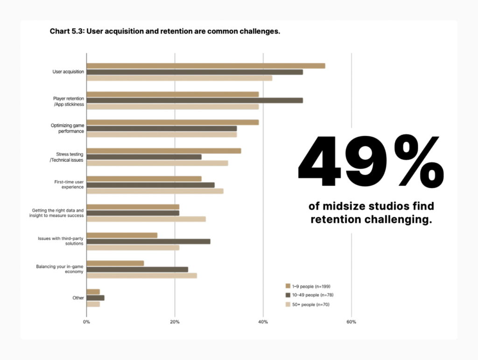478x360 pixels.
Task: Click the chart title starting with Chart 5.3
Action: pos(164,32)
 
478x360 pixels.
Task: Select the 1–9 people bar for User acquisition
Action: pos(205,66)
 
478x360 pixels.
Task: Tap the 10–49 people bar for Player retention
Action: pos(194,100)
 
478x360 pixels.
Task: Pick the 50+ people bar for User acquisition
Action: pos(179,78)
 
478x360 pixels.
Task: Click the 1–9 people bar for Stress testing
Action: pos(163,151)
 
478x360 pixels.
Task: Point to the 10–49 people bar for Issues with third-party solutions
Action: pos(148,241)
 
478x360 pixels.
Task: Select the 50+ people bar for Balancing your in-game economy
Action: pos(141,275)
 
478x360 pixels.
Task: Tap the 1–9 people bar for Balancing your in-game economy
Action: pos(115,263)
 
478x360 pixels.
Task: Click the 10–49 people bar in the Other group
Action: pos(95,298)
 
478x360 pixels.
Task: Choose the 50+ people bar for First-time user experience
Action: pos(155,191)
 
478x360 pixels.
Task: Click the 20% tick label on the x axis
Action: pos(175,322)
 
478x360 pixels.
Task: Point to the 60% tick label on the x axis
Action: pos(351,322)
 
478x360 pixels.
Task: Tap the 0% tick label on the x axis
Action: pos(86,322)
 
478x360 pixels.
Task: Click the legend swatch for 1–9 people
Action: pos(288,286)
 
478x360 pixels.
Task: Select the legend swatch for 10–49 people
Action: pos(288,295)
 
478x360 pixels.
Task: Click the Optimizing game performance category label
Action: pos(68,128)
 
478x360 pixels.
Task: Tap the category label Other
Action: pos(78,298)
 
